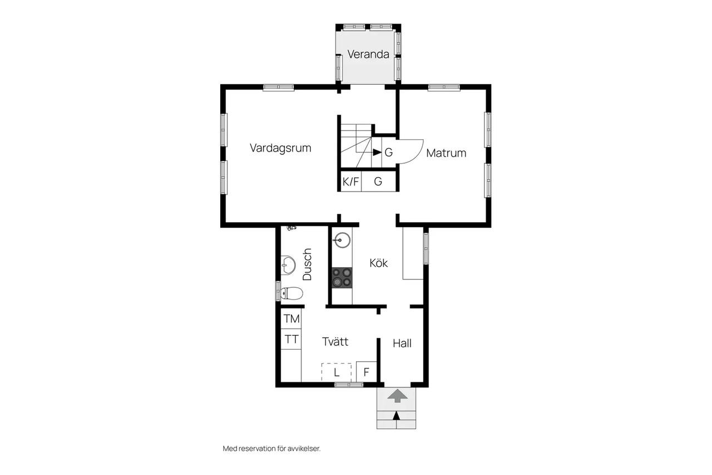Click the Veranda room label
[368, 54]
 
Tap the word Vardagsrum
[280, 148]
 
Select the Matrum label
[446, 153]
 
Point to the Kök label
[379, 263]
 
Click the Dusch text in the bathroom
[307, 264]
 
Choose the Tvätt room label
[335, 341]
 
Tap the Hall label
[402, 343]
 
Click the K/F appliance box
[351, 182]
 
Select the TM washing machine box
[291, 319]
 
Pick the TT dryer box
[291, 340]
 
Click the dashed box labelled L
[337, 372]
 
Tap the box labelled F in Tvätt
[366, 371]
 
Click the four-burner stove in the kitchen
[342, 278]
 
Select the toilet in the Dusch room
[291, 293]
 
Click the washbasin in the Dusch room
[288, 265]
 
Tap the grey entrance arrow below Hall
[397, 396]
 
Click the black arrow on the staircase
[377, 153]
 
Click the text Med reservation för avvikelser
[271, 449]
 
